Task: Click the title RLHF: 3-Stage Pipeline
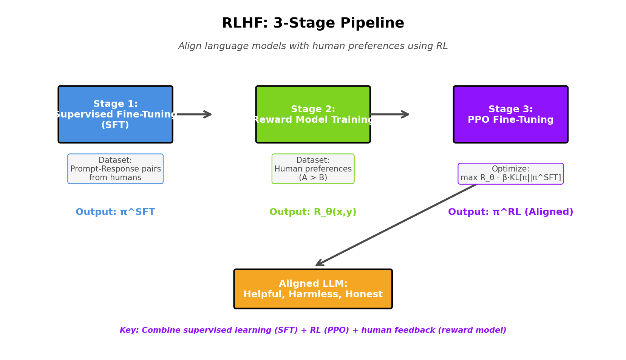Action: (x=313, y=23)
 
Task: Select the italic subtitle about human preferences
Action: (x=313, y=46)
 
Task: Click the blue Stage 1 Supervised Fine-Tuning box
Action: (x=115, y=114)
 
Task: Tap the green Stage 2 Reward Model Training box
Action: (x=313, y=114)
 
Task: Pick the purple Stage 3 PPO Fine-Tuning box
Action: (x=510, y=114)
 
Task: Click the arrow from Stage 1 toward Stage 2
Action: (x=194, y=114)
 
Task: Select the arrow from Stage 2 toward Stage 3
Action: (x=389, y=114)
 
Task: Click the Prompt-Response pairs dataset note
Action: (x=115, y=169)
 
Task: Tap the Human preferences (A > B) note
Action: (x=313, y=169)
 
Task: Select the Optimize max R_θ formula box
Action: (x=510, y=174)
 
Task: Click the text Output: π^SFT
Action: (x=115, y=212)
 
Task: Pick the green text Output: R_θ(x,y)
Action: (x=313, y=212)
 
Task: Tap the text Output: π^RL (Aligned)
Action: (x=510, y=212)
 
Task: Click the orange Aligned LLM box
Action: (x=313, y=289)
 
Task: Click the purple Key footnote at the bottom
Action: (x=313, y=330)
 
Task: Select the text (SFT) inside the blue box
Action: (x=115, y=125)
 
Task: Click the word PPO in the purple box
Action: (x=478, y=120)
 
